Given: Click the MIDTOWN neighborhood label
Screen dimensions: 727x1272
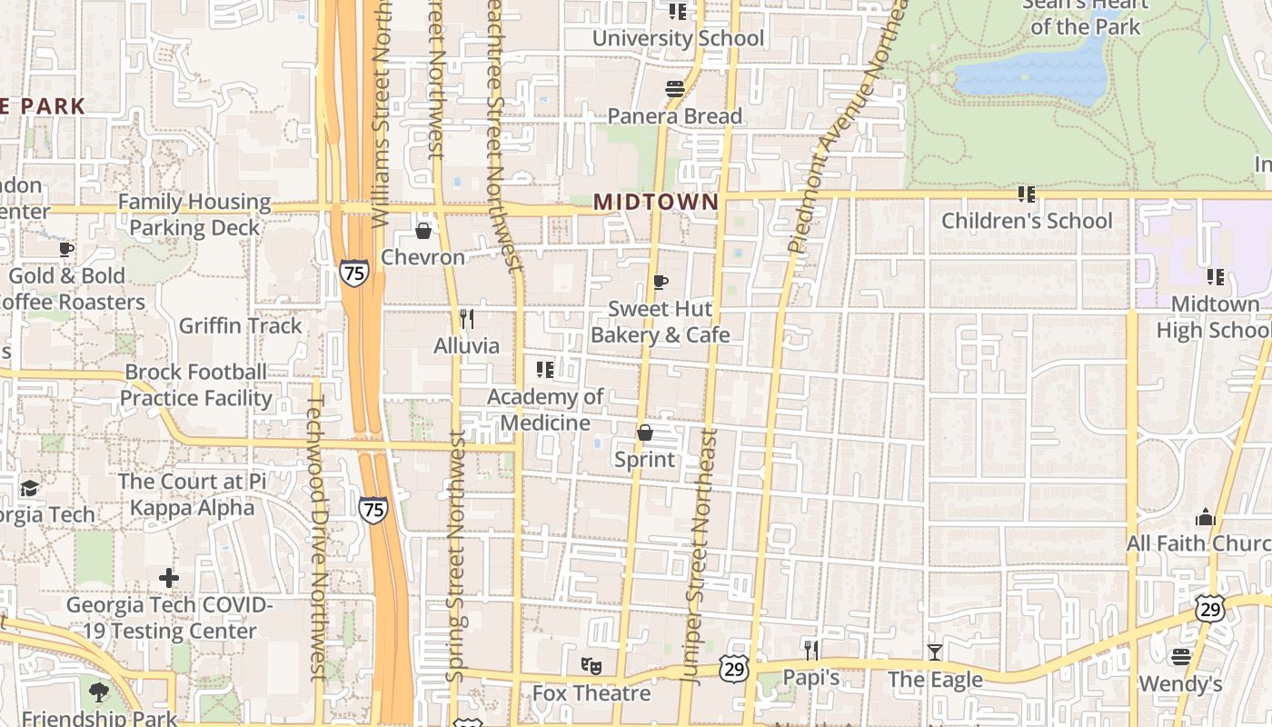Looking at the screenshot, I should click(x=656, y=202).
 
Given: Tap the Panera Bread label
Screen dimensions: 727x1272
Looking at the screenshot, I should click(x=674, y=116).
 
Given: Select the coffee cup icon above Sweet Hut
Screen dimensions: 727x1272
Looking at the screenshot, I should click(x=661, y=282).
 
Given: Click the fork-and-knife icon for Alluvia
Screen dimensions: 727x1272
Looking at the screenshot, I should click(x=467, y=319).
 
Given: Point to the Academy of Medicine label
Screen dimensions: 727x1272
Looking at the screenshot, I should click(x=545, y=410).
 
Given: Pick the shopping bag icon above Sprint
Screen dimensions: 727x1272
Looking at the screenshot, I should click(x=645, y=433).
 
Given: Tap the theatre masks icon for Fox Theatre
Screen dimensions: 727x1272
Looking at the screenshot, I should click(x=591, y=666).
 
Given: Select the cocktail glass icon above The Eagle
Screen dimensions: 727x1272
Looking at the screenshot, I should click(x=934, y=652).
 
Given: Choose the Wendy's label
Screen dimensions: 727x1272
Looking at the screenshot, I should click(x=1180, y=683).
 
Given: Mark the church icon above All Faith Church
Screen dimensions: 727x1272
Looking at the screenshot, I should click(x=1206, y=517).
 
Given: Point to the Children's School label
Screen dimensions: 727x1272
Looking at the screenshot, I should click(x=1027, y=221).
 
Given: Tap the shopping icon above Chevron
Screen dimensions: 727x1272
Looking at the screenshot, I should click(x=422, y=231).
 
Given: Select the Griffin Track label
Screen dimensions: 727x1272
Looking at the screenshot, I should click(x=240, y=325).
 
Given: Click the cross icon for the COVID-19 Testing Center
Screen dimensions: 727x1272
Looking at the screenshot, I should click(x=169, y=577).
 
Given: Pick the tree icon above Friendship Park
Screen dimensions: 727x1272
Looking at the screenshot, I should click(x=98, y=692).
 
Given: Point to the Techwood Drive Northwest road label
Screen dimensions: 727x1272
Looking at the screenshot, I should click(x=316, y=536).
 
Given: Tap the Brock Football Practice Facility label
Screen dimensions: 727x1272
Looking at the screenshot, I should click(x=196, y=385).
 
